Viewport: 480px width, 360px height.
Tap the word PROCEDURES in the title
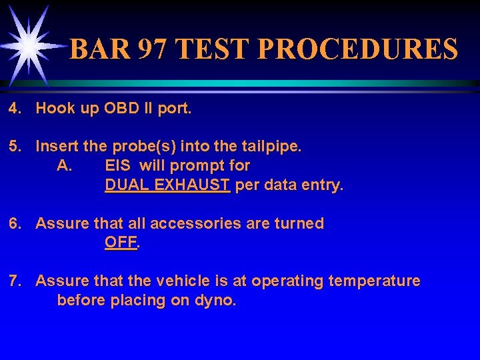(x=358, y=49)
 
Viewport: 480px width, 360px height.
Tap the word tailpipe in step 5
(x=273, y=146)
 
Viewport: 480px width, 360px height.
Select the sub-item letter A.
(x=65, y=165)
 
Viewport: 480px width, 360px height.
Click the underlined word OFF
(x=121, y=243)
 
